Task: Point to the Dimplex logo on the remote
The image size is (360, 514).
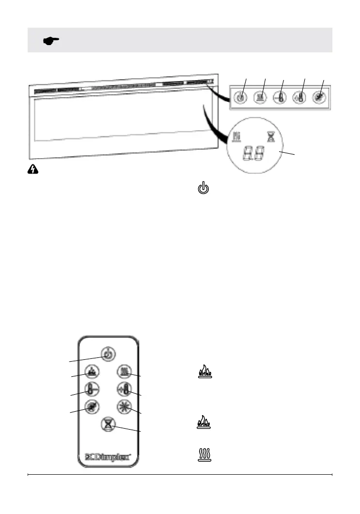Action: point(108,456)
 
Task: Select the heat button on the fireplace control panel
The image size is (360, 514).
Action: point(260,96)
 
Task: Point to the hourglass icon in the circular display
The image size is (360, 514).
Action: point(270,138)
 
